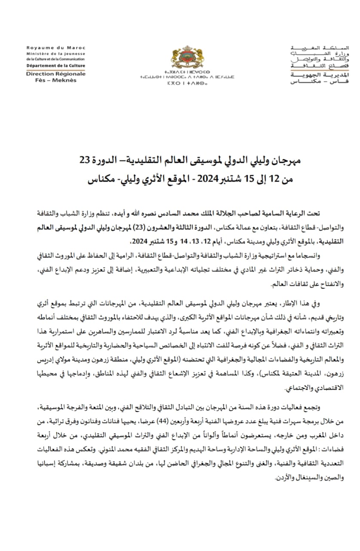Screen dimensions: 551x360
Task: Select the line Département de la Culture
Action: pos(55,66)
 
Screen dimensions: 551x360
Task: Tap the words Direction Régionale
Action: pos(55,74)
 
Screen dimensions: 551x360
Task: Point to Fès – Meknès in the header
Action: pos(55,80)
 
